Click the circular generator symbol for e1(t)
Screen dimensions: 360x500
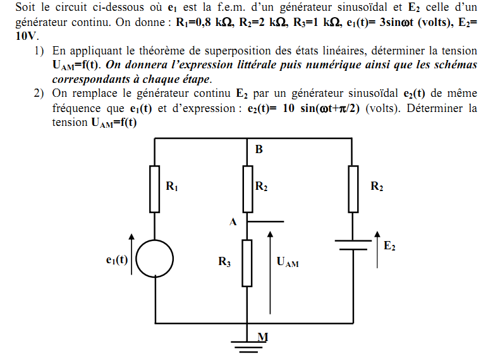pos(155,259)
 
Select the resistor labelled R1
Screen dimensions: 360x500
pos(155,189)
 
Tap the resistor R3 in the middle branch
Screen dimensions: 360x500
pos(247,263)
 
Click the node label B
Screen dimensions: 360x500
pos(259,150)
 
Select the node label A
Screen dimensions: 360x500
pos(233,222)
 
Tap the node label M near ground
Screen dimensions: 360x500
pos(262,337)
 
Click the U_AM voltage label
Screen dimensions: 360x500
pos(288,262)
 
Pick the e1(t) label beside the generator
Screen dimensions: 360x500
pos(117,259)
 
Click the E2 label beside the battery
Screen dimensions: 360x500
pos(389,245)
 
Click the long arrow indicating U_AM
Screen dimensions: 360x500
pos(270,272)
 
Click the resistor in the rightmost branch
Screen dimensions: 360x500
pos(353,189)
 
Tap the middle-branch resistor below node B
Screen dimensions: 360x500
pos(247,189)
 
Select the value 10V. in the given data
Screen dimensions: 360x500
pos(27,36)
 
